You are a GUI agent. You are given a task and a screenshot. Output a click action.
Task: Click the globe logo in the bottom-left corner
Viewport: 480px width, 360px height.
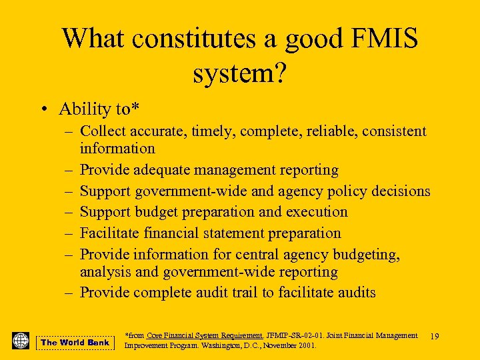21,341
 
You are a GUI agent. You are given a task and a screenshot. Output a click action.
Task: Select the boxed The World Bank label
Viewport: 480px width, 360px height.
75,343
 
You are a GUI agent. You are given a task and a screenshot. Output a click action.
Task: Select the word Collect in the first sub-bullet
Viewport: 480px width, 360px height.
103,131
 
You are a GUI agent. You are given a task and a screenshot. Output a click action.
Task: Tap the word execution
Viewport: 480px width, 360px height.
317,212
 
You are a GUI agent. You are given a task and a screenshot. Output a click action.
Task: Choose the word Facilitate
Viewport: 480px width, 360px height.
108,233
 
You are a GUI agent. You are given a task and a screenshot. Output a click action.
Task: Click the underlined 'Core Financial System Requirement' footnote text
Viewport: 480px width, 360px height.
204,336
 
